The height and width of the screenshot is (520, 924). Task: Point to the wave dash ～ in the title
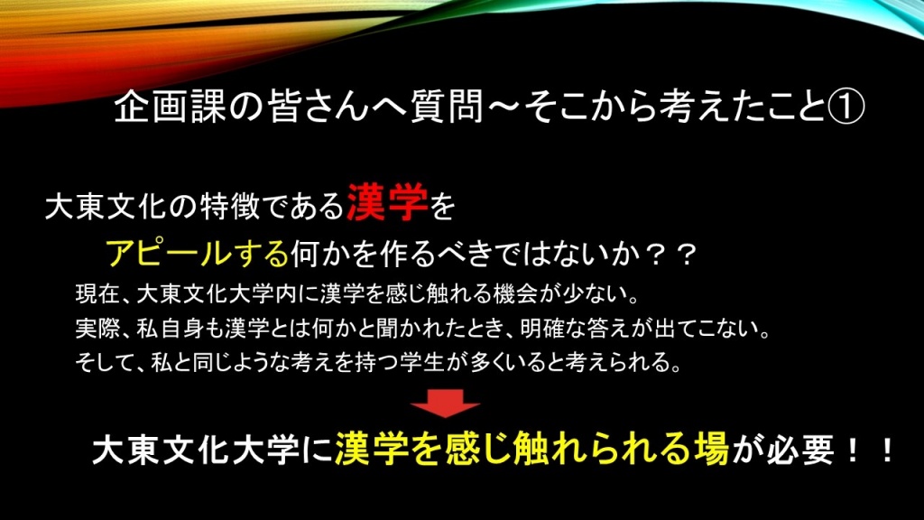tap(504, 107)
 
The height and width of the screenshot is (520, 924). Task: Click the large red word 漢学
tap(387, 202)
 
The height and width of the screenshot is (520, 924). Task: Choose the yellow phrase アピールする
tap(198, 254)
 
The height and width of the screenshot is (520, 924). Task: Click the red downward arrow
tap(445, 404)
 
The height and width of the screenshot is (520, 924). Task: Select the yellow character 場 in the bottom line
tap(710, 450)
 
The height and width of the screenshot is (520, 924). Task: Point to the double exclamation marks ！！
tap(871, 450)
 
